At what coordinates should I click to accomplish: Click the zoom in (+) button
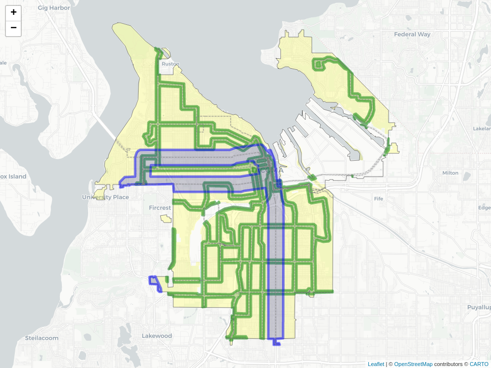click(13, 12)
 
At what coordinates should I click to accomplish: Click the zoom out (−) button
click(13, 28)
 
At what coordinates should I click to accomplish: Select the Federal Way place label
click(412, 35)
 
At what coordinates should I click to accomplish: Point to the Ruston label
click(170, 64)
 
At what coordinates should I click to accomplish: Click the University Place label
click(105, 197)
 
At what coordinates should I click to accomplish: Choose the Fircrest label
click(160, 208)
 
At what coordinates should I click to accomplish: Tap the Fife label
click(379, 198)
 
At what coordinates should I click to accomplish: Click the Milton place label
click(450, 173)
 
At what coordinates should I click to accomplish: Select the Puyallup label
click(478, 307)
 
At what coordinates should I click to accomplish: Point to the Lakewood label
click(157, 336)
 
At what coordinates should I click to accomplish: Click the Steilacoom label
click(42, 338)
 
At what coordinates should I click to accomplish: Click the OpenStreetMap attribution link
click(413, 364)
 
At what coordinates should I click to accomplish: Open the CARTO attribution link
click(479, 364)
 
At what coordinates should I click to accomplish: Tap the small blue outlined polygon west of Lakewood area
click(156, 283)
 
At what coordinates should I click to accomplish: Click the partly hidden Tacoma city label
click(268, 170)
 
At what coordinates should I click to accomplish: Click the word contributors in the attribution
click(451, 364)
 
